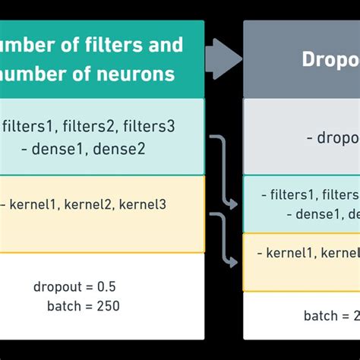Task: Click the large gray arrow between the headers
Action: (x=223, y=58)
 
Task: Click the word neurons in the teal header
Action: (x=141, y=74)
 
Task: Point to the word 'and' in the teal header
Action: (x=167, y=44)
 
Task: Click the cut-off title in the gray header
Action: (x=330, y=59)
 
